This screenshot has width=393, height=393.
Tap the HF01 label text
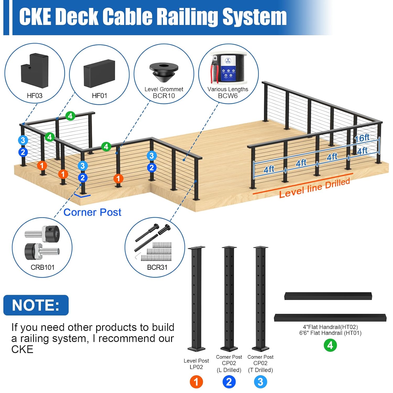(x=100, y=96)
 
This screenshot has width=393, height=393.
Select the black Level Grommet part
(x=164, y=72)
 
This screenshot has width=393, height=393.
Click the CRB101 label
(x=42, y=267)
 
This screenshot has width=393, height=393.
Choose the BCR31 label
(x=157, y=267)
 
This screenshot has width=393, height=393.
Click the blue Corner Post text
(x=92, y=212)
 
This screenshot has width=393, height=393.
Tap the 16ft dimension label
(x=362, y=138)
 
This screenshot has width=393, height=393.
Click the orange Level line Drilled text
(x=314, y=188)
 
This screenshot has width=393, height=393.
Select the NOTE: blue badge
(x=36, y=305)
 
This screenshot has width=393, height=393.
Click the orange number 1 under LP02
(x=196, y=382)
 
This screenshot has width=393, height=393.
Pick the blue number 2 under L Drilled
(x=229, y=382)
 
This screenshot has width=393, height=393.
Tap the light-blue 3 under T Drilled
(x=260, y=382)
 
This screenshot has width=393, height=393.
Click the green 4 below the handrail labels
(x=330, y=345)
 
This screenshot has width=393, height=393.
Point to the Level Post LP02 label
(x=196, y=364)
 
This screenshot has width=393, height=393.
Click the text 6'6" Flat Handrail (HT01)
(x=330, y=333)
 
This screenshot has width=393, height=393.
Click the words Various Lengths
(x=228, y=89)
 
